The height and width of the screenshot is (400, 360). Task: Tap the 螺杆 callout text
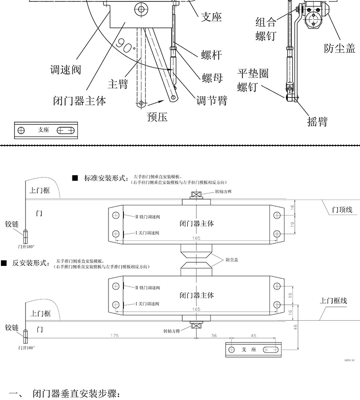pyautogui.click(x=211, y=55)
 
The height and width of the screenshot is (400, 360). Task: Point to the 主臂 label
pyautogui.click(x=118, y=84)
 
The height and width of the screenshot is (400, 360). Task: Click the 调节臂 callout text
pyautogui.click(x=211, y=100)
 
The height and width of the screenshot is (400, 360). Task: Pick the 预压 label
pyautogui.click(x=157, y=117)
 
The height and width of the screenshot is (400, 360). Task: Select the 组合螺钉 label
pyautogui.click(x=266, y=29)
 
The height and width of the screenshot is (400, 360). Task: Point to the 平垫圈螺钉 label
pyautogui.click(x=252, y=80)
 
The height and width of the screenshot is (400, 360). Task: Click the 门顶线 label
pyautogui.click(x=342, y=209)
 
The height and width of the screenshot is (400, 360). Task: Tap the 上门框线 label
pyautogui.click(x=333, y=301)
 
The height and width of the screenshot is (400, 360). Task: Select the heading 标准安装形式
pyautogui.click(x=105, y=178)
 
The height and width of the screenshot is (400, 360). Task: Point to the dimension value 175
pyautogui.click(x=114, y=335)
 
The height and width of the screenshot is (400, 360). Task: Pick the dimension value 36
pyautogui.click(x=214, y=335)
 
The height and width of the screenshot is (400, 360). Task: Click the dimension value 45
pyautogui.click(x=253, y=335)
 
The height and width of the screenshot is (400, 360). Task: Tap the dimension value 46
pyautogui.click(x=295, y=327)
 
